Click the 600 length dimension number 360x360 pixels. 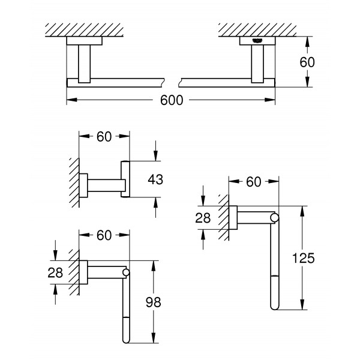pyautogui.click(x=172, y=100)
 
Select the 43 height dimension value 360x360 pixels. pyautogui.click(x=155, y=179)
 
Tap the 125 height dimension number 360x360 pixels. pyautogui.click(x=303, y=258)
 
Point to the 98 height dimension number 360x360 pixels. pyautogui.click(x=154, y=302)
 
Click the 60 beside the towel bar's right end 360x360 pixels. pyautogui.click(x=307, y=62)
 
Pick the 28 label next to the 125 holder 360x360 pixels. pyautogui.click(x=203, y=218)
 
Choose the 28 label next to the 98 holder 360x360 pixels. pyautogui.click(x=55, y=273)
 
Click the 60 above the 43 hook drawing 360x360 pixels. pyautogui.click(x=104, y=137)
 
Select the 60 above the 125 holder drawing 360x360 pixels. pyautogui.click(x=254, y=182)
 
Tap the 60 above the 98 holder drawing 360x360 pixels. pyautogui.click(x=104, y=235)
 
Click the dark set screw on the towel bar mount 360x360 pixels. pyautogui.click(x=257, y=41)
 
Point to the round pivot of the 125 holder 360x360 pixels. pyautogui.click(x=275, y=218)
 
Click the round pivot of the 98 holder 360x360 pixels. pyautogui.click(x=126, y=272)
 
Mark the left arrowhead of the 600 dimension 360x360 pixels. pyautogui.click(x=71, y=100)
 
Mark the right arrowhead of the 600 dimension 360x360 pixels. pyautogui.click(x=270, y=100)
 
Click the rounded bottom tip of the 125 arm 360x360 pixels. pyautogui.click(x=275, y=308)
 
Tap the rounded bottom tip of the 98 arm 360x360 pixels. pyautogui.click(x=126, y=341)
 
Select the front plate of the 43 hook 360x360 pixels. pyautogui.click(x=125, y=179)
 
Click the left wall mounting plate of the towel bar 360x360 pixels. pyautogui.click(x=84, y=41)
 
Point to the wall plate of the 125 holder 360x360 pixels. pyautogui.click(x=233, y=217)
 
